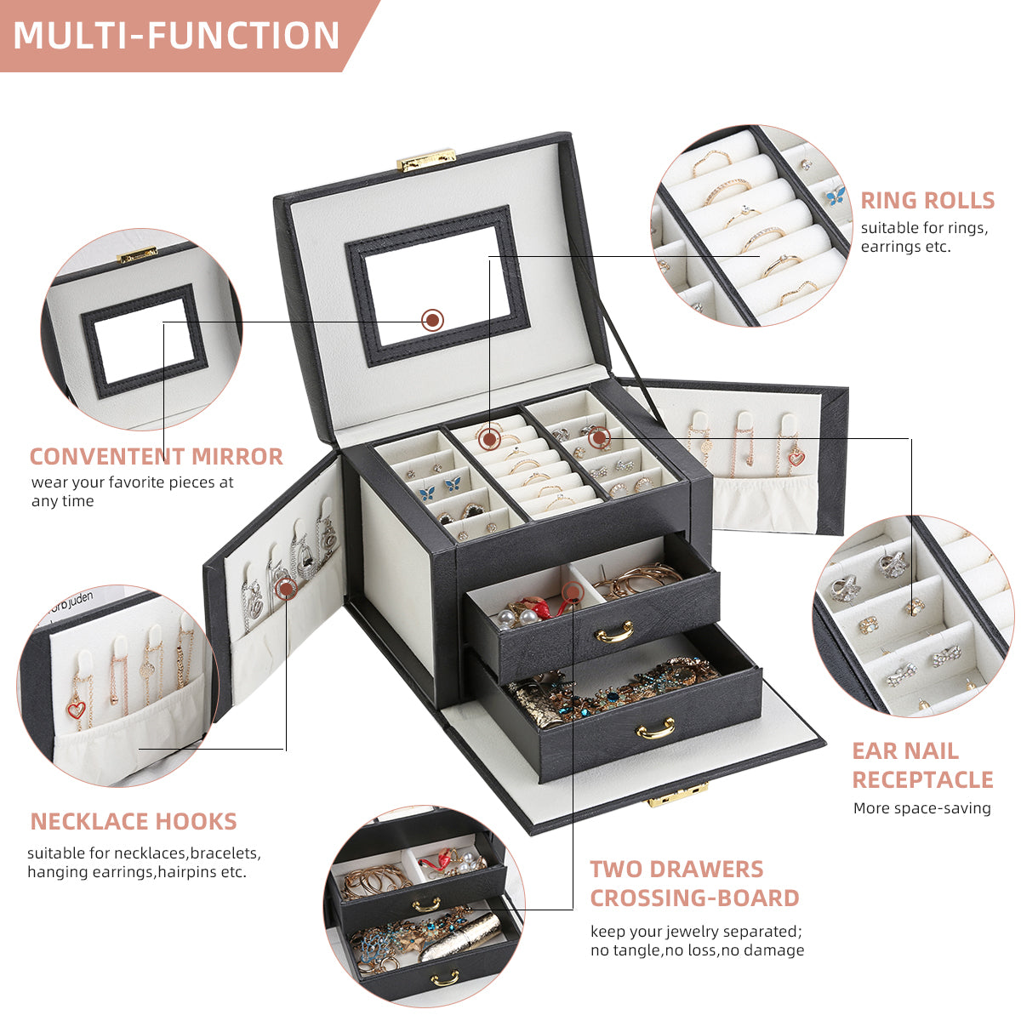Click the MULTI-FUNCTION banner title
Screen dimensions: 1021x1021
(x=177, y=36)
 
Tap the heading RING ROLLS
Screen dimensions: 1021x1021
(x=927, y=200)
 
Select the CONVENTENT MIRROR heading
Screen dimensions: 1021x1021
(x=157, y=456)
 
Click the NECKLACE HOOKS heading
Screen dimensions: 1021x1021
(x=134, y=821)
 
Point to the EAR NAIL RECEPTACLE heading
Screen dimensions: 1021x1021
(x=922, y=765)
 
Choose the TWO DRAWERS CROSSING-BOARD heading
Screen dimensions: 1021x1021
(x=694, y=883)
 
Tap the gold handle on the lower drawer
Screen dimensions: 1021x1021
(x=656, y=728)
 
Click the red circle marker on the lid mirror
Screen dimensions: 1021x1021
(x=433, y=320)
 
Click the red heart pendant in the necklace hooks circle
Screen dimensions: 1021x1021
(x=77, y=709)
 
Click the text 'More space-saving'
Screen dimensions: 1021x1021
(x=922, y=807)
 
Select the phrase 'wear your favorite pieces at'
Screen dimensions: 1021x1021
(x=133, y=482)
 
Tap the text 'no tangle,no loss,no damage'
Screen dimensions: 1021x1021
(x=697, y=950)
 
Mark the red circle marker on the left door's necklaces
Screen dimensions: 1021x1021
(x=287, y=586)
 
